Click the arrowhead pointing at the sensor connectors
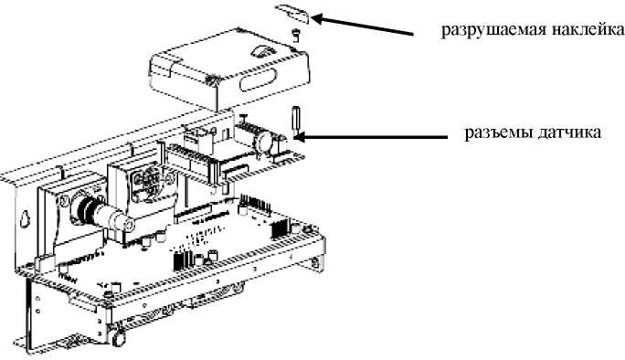pyautogui.click(x=300, y=137)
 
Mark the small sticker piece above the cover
pyautogui.click(x=293, y=13)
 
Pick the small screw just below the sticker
pyautogui.click(x=295, y=34)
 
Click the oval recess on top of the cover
pyautogui.click(x=262, y=52)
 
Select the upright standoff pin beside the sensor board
pyautogui.click(x=297, y=121)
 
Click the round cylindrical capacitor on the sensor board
pyautogui.click(x=266, y=141)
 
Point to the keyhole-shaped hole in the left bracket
pyautogui.click(x=26, y=217)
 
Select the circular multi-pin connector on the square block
pyautogui.click(x=147, y=183)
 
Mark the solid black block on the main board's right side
pyautogui.click(x=279, y=228)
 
